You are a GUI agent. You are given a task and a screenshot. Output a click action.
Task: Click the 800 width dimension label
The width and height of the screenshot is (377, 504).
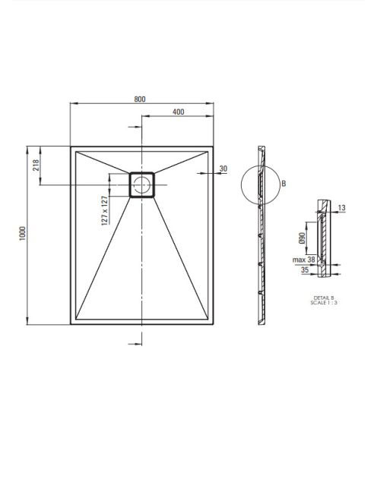coord(140,99)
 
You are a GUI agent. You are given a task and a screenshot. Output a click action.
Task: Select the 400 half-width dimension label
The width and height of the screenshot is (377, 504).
coord(179,112)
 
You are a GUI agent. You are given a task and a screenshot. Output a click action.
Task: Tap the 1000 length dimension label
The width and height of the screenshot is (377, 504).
coord(22,234)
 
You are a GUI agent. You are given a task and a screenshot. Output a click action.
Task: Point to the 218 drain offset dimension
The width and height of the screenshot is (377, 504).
coord(36,165)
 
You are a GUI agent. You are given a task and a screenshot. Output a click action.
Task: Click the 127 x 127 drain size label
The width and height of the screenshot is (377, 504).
coord(105,210)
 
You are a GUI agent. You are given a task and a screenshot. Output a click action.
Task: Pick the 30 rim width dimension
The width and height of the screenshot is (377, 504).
coord(223,169)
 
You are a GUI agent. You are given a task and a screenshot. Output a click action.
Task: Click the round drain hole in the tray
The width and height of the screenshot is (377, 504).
coord(141,184)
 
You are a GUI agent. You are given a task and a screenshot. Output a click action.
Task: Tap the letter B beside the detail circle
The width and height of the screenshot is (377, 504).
coord(284,184)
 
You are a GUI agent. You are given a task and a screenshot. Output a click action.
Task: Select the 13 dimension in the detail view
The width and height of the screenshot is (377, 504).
coord(341,208)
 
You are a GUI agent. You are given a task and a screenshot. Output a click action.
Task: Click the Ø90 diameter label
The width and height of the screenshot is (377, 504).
coord(302,238)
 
